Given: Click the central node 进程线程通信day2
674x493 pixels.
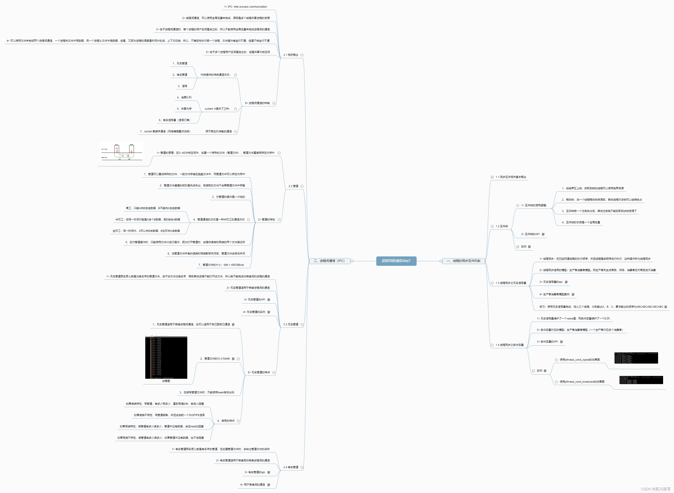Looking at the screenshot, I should (x=396, y=261).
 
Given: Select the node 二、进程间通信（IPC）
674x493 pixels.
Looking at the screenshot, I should (x=329, y=261).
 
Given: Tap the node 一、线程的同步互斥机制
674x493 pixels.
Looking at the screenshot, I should (x=463, y=261).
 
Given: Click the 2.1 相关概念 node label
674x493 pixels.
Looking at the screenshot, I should (x=291, y=55).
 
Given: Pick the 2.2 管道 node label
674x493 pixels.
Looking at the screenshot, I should (x=293, y=186).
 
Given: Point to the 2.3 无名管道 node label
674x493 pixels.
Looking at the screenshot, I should (x=291, y=324).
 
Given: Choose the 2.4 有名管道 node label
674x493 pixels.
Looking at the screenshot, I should (x=291, y=467).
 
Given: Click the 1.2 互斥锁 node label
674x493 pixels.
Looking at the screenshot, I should (x=501, y=226).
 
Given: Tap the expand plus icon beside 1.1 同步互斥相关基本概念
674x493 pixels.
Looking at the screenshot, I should (x=492, y=177).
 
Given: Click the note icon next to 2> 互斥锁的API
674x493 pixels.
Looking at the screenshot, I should (x=543, y=234).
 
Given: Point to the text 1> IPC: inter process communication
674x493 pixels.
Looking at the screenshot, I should (x=245, y=7).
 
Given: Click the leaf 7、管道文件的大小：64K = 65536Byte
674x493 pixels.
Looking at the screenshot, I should (x=221, y=265).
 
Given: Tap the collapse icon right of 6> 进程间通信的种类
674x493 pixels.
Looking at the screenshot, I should (x=274, y=103).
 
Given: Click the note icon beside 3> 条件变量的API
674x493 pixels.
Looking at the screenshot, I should (x=561, y=342).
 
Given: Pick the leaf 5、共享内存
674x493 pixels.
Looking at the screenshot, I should (x=184, y=109).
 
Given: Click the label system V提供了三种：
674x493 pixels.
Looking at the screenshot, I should (x=217, y=109).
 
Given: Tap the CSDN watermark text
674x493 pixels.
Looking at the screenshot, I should (x=655, y=489).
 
